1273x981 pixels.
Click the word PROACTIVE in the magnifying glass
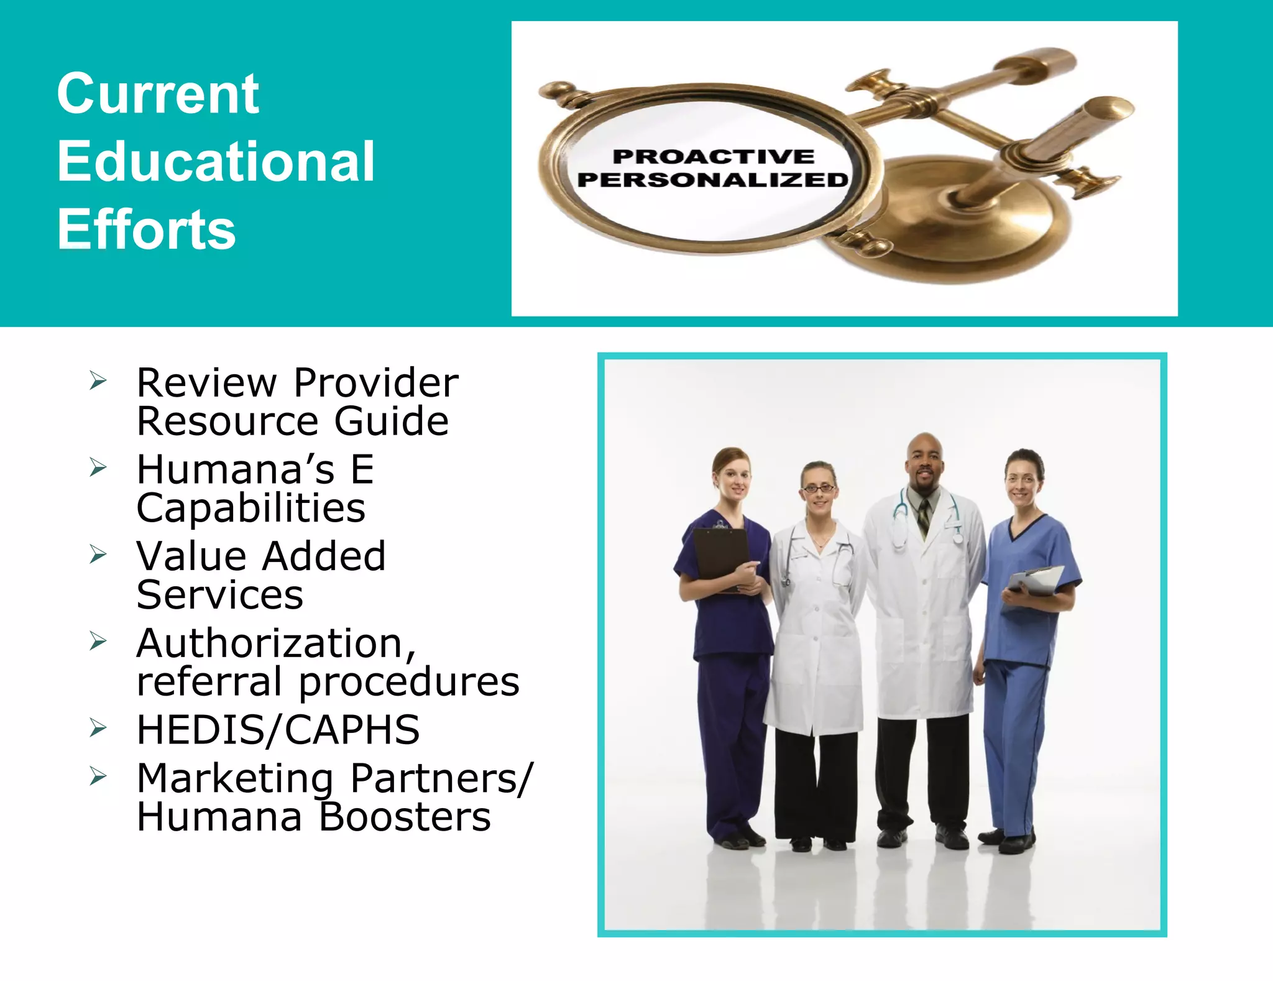(713, 157)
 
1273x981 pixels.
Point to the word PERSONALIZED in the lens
(713, 180)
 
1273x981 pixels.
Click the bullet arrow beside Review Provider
(98, 380)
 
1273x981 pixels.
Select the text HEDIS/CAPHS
(278, 729)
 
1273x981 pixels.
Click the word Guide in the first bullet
(392, 421)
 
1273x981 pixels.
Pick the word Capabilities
(250, 508)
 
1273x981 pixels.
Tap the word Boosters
(405, 816)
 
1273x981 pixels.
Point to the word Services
(220, 595)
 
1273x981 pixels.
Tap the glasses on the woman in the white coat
(819, 489)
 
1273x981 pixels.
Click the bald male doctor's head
(924, 460)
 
